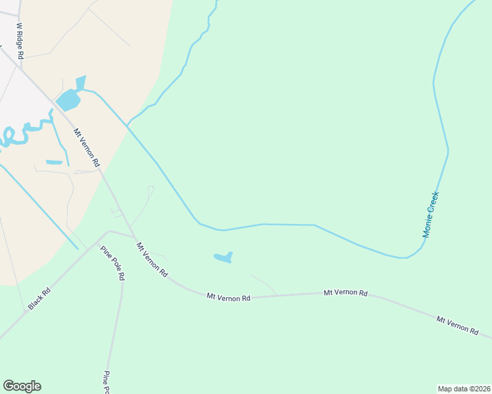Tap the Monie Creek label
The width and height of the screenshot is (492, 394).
431,214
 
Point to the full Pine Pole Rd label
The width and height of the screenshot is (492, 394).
112,263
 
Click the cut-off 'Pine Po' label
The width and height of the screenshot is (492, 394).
106,382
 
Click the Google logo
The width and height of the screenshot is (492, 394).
22,386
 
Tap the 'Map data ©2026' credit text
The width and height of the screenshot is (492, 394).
464,389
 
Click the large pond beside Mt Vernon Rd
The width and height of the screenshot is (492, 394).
68,100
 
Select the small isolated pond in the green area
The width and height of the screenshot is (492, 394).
223,257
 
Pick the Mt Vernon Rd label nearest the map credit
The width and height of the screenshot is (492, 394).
457,325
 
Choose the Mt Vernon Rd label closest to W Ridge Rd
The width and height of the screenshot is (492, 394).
86,146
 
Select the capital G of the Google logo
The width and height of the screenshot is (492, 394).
8,386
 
